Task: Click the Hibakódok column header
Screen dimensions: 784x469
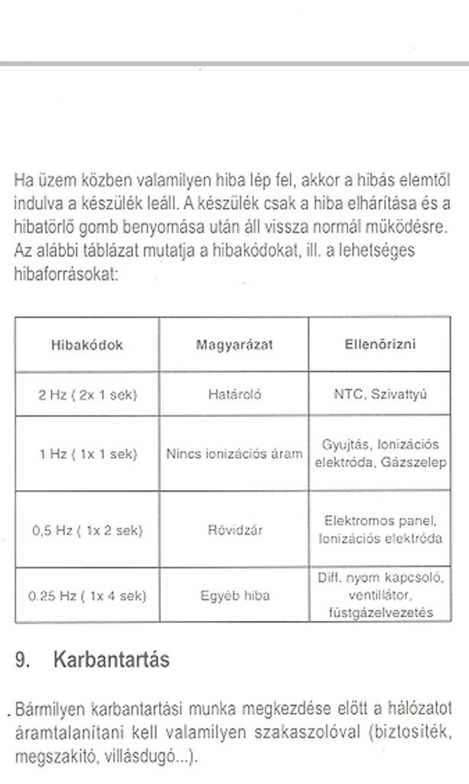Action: (x=86, y=345)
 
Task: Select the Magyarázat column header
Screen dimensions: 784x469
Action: (x=235, y=345)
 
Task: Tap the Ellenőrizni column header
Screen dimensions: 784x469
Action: (x=380, y=345)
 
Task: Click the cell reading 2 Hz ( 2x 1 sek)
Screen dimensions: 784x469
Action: (x=86, y=395)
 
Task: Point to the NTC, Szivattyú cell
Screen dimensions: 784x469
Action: (x=380, y=395)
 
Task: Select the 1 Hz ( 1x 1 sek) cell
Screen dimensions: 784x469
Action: (x=86, y=454)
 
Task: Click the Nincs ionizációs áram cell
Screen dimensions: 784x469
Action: (x=235, y=454)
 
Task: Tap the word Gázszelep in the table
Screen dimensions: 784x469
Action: (x=422, y=462)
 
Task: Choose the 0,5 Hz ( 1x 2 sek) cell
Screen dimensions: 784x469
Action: (x=86, y=530)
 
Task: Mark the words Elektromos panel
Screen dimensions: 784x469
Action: (x=380, y=521)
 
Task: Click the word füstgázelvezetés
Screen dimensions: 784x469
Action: (x=380, y=612)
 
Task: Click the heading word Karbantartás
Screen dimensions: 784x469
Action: (x=112, y=660)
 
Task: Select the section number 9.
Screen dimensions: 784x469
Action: (x=21, y=660)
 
